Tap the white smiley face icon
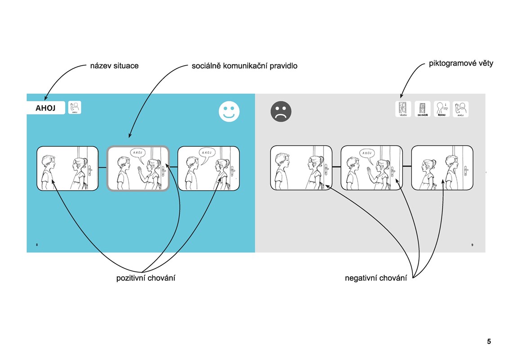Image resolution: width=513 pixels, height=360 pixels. tap(229, 112)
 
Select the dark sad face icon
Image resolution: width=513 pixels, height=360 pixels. tap(281, 111)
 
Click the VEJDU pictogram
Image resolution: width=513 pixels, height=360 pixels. tap(403, 109)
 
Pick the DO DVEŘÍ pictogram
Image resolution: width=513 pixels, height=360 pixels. tap(423, 109)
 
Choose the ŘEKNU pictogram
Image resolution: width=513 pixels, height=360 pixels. tap(442, 109)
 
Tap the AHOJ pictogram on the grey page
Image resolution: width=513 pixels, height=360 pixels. tap(460, 109)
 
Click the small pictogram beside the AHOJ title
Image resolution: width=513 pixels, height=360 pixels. tap(75, 108)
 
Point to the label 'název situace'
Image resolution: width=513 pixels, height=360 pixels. tap(114, 66)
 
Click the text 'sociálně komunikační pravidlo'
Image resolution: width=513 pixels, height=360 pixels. tap(244, 66)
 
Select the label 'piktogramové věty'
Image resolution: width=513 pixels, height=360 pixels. tap(461, 63)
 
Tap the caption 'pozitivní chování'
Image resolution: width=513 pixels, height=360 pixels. tap(146, 278)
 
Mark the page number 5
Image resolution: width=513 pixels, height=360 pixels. tap(489, 342)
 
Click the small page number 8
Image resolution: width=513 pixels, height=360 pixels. tap(37, 245)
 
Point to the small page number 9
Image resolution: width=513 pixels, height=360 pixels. tap(472, 245)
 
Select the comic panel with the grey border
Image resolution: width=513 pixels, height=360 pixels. tap(138, 168)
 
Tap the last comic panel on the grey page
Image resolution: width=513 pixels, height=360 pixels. tap(442, 168)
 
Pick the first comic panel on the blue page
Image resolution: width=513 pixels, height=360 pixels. tap(67, 168)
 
